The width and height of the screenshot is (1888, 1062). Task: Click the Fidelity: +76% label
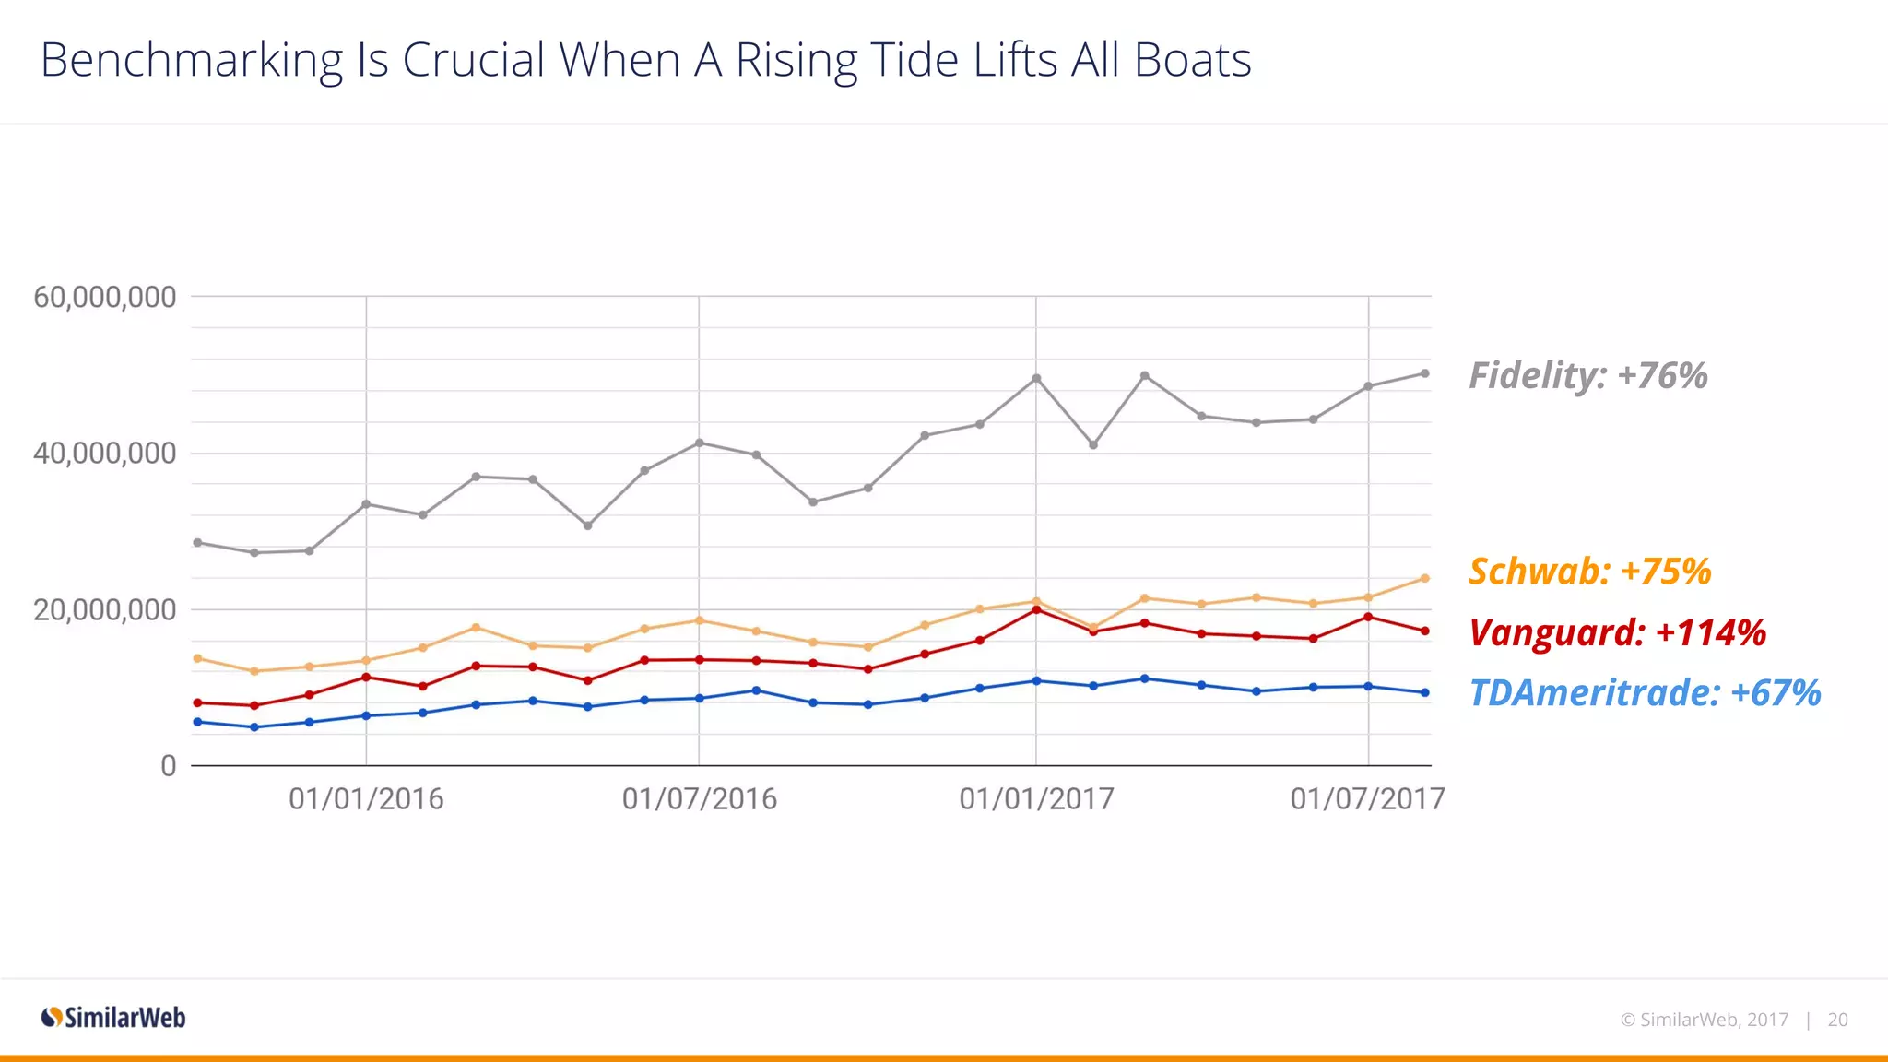pyautogui.click(x=1587, y=376)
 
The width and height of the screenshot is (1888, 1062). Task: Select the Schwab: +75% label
pyautogui.click(x=1589, y=572)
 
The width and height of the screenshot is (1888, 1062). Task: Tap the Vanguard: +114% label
pyautogui.click(x=1617, y=633)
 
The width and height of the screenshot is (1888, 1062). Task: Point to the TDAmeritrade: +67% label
pyautogui.click(x=1645, y=693)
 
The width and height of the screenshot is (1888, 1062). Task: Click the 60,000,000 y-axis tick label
pyautogui.click(x=104, y=298)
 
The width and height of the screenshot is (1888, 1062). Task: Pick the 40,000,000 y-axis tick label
pyautogui.click(x=104, y=454)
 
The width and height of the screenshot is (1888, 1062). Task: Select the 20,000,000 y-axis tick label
pyautogui.click(x=104, y=610)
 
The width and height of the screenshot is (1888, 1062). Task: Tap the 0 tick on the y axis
pyautogui.click(x=168, y=766)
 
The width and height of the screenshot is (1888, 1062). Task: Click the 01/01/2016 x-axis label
pyautogui.click(x=366, y=799)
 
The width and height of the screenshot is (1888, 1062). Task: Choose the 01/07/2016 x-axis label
pyautogui.click(x=699, y=799)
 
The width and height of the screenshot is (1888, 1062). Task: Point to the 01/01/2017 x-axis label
pyautogui.click(x=1036, y=799)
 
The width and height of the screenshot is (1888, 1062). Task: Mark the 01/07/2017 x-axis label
pyautogui.click(x=1367, y=799)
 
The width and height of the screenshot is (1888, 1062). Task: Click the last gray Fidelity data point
pyautogui.click(x=1424, y=373)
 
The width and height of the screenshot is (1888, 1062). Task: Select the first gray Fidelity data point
pyautogui.click(x=197, y=543)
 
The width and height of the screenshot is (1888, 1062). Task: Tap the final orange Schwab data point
pyautogui.click(x=1424, y=579)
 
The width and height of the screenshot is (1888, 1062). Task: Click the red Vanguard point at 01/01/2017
pyautogui.click(x=1036, y=609)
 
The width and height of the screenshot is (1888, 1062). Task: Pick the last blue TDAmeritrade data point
pyautogui.click(x=1424, y=692)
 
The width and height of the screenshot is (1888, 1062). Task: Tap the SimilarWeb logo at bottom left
pyautogui.click(x=113, y=1018)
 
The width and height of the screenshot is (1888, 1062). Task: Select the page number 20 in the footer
pyautogui.click(x=1837, y=1020)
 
